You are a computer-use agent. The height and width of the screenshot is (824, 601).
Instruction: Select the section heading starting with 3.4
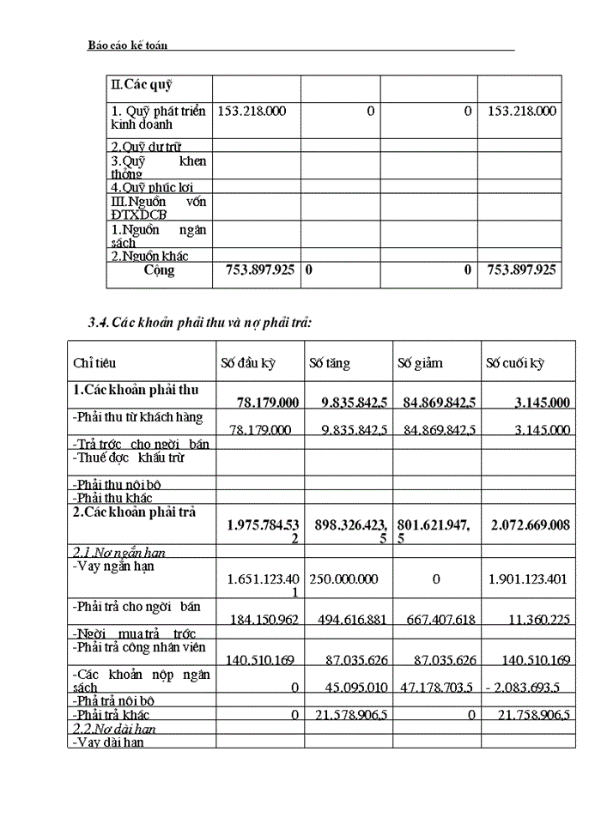(x=199, y=323)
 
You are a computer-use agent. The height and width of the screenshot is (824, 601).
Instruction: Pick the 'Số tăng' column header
(x=330, y=363)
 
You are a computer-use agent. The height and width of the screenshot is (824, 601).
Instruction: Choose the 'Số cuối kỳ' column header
(x=514, y=363)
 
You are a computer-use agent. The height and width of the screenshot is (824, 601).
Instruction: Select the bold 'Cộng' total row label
(x=159, y=270)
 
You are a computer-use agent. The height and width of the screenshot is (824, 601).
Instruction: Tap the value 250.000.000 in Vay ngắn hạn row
(x=343, y=579)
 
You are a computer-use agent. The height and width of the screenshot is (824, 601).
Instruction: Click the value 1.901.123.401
(x=527, y=579)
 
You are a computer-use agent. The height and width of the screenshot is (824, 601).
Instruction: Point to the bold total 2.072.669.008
(x=526, y=524)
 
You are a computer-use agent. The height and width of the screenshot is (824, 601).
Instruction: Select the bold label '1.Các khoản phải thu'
(x=136, y=390)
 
